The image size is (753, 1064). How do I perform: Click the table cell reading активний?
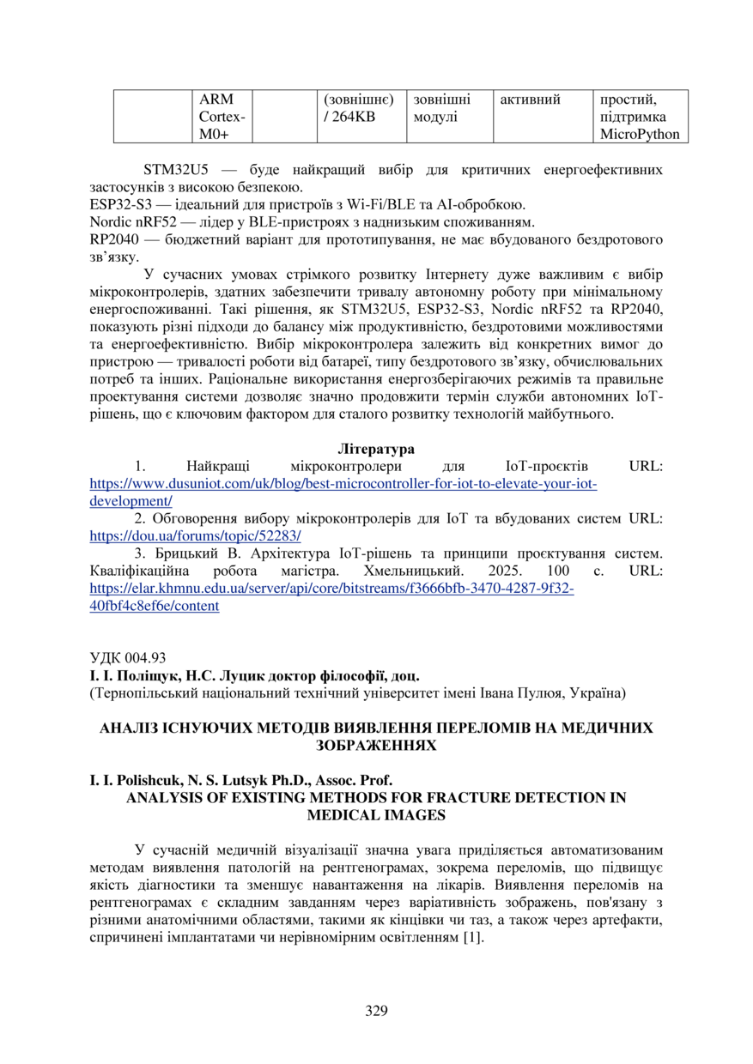530,100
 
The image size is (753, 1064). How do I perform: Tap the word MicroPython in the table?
640,134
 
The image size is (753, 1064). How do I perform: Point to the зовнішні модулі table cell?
442,108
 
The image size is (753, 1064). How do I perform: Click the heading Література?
376,449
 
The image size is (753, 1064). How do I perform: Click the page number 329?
376,1010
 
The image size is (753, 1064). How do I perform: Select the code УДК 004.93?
128,658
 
